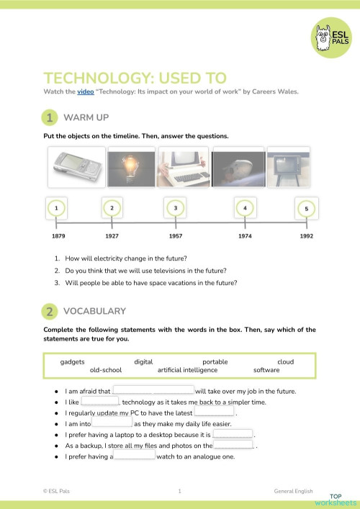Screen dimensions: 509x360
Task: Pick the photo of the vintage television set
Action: (288, 168)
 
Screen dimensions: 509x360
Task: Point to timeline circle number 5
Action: (306, 210)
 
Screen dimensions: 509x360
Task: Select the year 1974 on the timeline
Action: (246, 235)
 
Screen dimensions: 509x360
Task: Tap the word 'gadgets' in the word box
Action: (73, 361)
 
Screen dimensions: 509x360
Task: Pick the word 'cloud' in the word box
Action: (285, 361)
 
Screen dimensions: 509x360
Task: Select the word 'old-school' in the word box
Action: (106, 370)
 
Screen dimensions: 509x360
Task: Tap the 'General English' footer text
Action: (294, 491)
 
